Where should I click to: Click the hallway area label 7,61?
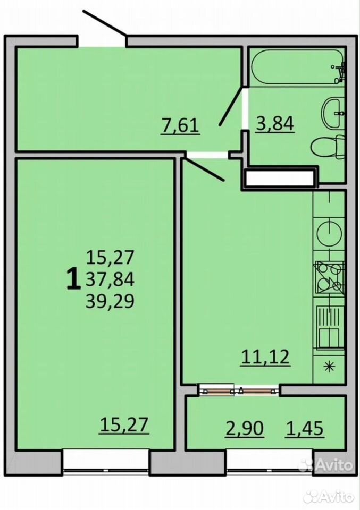coord(180,125)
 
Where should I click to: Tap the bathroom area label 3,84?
coord(275,124)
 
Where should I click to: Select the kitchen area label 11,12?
coord(265,357)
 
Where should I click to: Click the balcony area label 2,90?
coord(245,428)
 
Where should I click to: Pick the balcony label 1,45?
coord(305,428)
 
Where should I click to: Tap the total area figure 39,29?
coord(110,301)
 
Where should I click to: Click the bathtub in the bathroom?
coord(297,67)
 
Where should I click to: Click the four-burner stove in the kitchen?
coord(329,277)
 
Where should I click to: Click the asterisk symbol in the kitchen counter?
coord(330,367)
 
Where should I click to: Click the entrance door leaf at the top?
coord(104,23)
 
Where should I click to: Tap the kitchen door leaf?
coord(204,169)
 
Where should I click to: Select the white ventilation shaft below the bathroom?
coord(280,178)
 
